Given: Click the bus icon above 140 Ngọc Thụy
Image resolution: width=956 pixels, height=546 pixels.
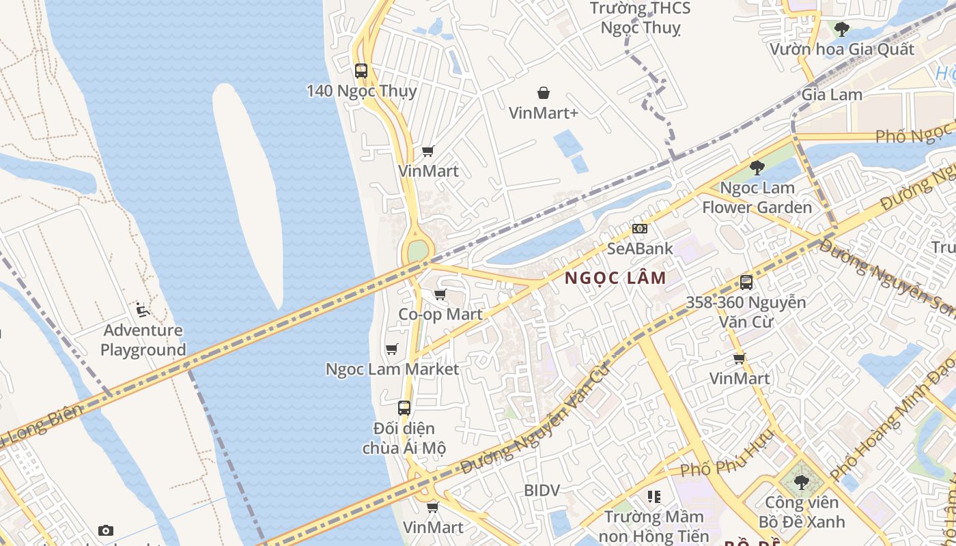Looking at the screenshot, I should tap(361, 70).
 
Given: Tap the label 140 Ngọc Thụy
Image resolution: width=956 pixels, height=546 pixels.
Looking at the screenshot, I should tap(361, 91).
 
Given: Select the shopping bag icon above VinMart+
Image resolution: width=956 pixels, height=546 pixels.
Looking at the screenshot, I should tap(544, 93).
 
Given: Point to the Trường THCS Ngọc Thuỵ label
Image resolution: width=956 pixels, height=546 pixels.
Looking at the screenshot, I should tap(640, 18).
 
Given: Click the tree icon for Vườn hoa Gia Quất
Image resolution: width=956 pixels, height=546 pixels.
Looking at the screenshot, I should tap(842, 29).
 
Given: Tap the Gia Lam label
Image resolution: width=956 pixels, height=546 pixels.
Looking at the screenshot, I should tap(832, 95).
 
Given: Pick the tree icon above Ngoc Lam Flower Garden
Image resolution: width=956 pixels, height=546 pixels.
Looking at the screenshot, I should tap(757, 167).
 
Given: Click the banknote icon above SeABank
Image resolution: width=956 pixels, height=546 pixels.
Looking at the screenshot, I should tap(640, 229).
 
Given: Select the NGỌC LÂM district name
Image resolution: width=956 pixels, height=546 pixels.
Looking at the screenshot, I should tap(615, 278).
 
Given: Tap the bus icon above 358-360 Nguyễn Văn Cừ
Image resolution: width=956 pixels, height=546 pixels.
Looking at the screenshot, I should tap(746, 282).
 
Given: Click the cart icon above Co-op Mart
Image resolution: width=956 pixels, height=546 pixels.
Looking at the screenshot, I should tap(440, 295).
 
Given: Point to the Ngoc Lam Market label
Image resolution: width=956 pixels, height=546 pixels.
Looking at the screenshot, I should tap(392, 369).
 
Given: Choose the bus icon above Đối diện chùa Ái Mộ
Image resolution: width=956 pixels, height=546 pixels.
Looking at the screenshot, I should tap(404, 408).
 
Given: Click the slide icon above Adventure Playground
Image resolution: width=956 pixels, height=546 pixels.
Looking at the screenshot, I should tap(143, 311).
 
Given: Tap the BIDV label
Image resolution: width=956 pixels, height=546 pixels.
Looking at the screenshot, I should tap(542, 490).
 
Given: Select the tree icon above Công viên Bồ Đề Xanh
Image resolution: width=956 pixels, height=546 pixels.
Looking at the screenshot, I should tap(801, 483).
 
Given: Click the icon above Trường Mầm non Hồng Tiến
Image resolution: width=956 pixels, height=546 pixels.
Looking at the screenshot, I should tap(654, 497).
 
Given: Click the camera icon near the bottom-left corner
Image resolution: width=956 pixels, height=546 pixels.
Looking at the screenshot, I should tap(106, 530).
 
